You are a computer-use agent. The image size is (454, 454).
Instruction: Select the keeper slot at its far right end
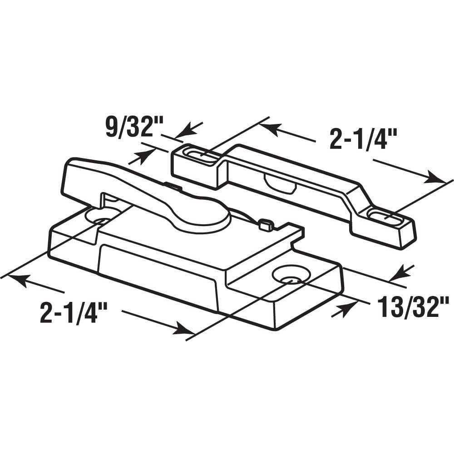coord(386,215)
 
